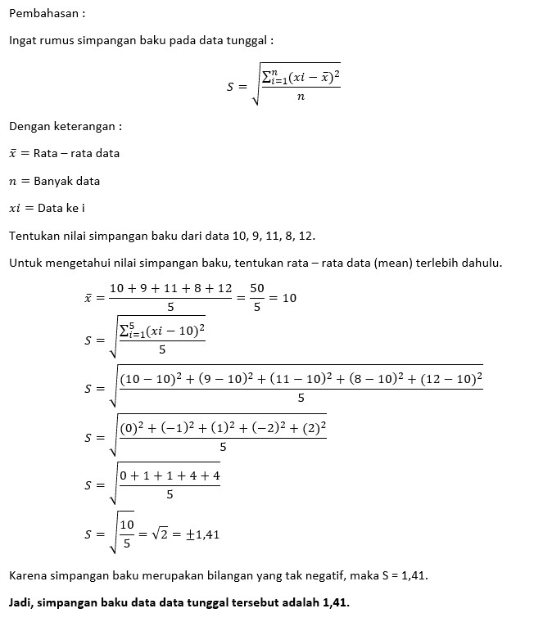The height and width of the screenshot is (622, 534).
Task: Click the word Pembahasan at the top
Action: (x=42, y=13)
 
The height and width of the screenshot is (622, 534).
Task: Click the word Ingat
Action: (x=23, y=40)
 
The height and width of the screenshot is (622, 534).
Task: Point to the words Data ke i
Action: (x=61, y=208)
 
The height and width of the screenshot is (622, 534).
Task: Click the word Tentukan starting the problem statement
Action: (x=34, y=236)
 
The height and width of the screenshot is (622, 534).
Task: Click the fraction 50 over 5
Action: (x=257, y=297)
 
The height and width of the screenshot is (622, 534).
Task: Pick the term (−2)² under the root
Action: (x=264, y=428)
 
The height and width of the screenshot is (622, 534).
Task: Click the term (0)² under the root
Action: (x=133, y=428)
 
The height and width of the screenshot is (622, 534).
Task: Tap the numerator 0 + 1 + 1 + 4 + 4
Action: (x=170, y=476)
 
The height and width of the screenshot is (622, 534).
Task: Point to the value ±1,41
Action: (x=201, y=534)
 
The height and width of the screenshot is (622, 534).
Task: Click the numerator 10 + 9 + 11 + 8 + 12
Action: (x=170, y=288)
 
